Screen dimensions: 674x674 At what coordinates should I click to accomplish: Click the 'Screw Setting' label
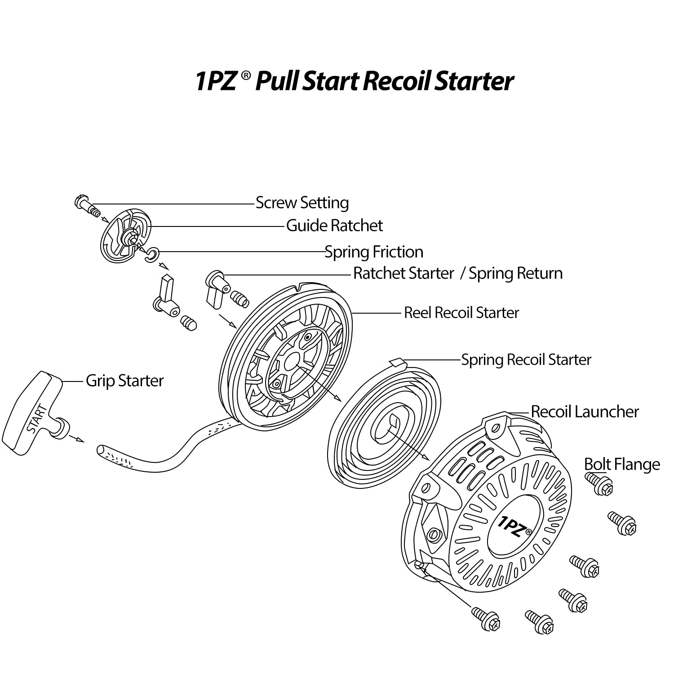tap(302, 203)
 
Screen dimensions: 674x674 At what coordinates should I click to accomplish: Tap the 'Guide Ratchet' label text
tap(334, 226)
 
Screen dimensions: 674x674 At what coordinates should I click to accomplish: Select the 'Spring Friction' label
tap(374, 252)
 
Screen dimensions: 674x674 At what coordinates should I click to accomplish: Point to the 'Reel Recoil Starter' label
tap(461, 313)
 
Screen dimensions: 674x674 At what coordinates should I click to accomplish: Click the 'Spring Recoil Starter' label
tap(526, 360)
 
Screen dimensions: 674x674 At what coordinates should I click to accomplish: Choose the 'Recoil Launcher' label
tap(585, 412)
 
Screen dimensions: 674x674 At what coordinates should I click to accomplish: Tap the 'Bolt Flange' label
tap(622, 464)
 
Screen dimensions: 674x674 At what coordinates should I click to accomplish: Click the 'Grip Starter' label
tap(124, 381)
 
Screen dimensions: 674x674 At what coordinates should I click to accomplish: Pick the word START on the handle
tap(36, 418)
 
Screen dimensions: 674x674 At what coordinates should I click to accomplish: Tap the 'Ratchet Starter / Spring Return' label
tap(457, 274)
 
